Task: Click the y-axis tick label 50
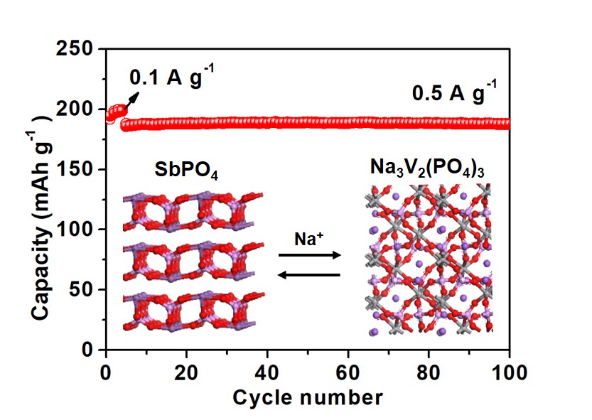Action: (x=84, y=290)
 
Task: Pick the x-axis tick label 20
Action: (x=186, y=370)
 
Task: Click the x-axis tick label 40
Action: (x=267, y=370)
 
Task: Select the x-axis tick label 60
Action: (x=348, y=370)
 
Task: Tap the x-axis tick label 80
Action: (x=429, y=370)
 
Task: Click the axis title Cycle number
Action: (x=307, y=397)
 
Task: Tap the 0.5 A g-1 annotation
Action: (x=455, y=93)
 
